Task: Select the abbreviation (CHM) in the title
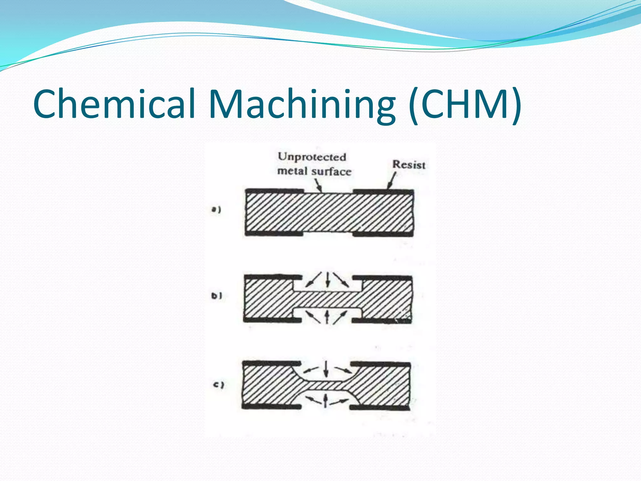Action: [x=465, y=104]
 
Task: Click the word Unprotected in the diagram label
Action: [x=312, y=157]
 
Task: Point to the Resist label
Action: [x=409, y=164]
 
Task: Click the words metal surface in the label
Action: [x=314, y=171]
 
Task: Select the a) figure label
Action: [x=216, y=209]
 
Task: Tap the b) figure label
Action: [x=216, y=296]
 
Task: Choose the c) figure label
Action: [x=218, y=385]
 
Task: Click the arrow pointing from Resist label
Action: [x=392, y=181]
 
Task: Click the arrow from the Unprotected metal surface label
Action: [x=318, y=185]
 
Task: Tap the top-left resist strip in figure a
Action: [x=274, y=191]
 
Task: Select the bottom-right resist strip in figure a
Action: [x=383, y=234]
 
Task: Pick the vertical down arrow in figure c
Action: [x=326, y=369]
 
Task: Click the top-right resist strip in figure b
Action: [x=382, y=278]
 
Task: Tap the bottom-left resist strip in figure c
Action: [x=271, y=406]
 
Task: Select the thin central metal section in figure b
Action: [x=327, y=300]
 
